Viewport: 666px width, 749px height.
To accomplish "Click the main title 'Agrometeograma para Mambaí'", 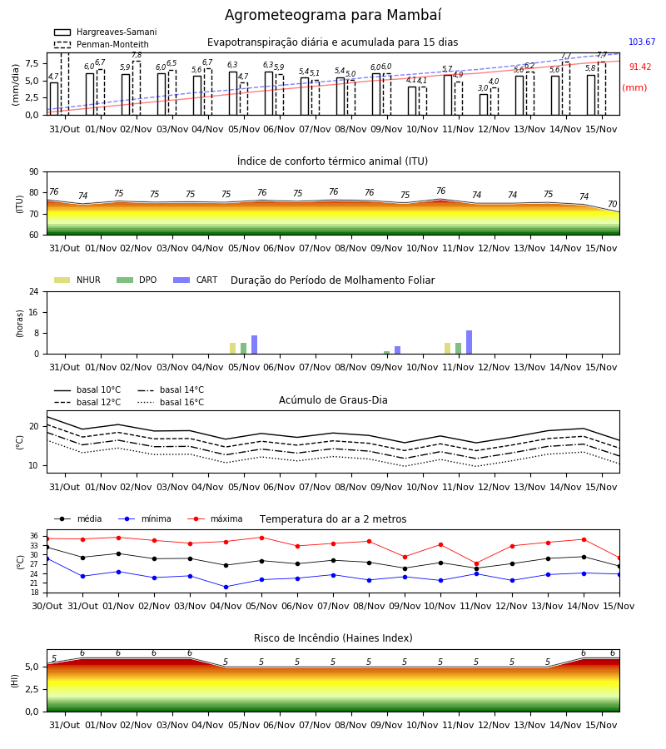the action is (x=333, y=15).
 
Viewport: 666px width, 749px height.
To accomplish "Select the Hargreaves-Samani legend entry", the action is (x=105, y=32).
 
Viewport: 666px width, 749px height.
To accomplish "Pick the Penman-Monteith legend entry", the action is (x=102, y=44).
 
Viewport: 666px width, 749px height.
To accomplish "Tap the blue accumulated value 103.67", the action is (x=642, y=42).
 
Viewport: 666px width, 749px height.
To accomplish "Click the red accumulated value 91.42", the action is (x=639, y=67).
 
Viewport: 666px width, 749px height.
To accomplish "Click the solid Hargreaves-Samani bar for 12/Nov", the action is (x=484, y=105).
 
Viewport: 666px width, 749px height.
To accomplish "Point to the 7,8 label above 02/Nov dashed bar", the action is (x=137, y=56).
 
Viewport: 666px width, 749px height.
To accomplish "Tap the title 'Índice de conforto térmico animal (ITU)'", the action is (x=332, y=161).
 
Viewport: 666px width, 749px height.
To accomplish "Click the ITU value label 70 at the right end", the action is (x=612, y=205).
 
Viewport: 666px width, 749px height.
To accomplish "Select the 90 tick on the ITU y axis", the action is (x=34, y=172).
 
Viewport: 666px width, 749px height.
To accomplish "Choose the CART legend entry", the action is (x=196, y=280).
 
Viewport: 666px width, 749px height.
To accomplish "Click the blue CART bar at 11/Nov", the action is (x=470, y=342).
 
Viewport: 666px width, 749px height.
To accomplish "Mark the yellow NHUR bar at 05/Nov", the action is (x=232, y=348).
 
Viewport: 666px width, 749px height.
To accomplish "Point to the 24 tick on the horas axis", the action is (x=34, y=291).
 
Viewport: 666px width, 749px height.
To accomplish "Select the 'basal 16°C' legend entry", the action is (x=171, y=402).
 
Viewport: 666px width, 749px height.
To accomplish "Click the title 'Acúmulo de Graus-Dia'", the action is (x=333, y=400).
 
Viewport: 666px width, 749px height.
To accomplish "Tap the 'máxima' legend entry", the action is (x=215, y=518).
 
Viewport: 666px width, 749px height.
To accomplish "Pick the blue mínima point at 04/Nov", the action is (x=226, y=587).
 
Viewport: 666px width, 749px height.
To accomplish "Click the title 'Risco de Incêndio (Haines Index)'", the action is (x=333, y=638).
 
